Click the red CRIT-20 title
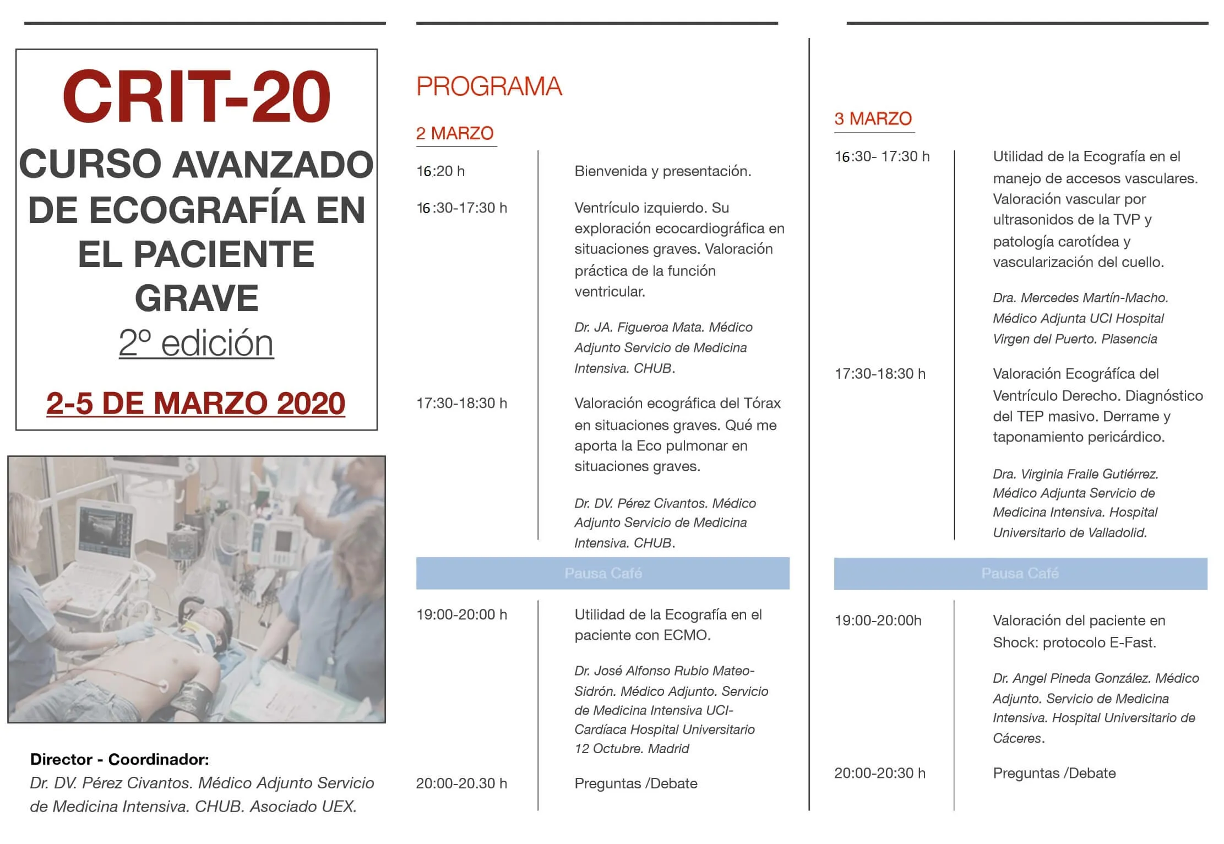tap(196, 97)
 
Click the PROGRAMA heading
tap(489, 86)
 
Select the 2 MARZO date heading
tap(455, 133)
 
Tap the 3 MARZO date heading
tap(873, 119)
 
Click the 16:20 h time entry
tap(440, 171)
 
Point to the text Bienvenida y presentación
tap(662, 171)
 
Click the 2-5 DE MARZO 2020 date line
tap(196, 403)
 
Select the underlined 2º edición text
tap(196, 343)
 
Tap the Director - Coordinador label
tap(119, 759)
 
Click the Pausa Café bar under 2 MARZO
tap(602, 573)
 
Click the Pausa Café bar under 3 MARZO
tap(1020, 573)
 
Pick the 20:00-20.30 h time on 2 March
tap(461, 783)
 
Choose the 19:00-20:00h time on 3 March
tap(878, 620)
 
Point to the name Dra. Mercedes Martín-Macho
tap(1080, 298)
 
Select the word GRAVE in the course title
tap(196, 298)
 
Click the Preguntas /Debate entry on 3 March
tap(1054, 773)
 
